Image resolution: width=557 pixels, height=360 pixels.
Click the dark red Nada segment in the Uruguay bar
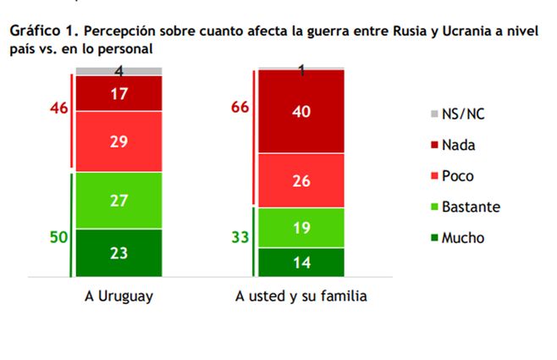click(119, 93)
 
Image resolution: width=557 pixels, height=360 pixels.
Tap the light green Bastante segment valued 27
click(119, 199)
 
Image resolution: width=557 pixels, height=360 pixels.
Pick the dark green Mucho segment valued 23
click(119, 252)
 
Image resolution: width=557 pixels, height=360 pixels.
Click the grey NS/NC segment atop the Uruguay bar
click(119, 70)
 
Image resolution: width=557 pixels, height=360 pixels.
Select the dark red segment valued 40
click(301, 111)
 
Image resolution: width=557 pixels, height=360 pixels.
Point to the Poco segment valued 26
click(301, 180)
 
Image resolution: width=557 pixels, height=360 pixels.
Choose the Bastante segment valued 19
click(301, 227)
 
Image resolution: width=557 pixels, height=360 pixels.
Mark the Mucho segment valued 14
click(301, 262)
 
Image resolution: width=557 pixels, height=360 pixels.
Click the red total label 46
click(58, 110)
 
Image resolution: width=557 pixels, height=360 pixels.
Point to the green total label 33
click(240, 237)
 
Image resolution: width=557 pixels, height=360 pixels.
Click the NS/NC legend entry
click(464, 114)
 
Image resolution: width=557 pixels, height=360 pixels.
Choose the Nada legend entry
click(458, 145)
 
